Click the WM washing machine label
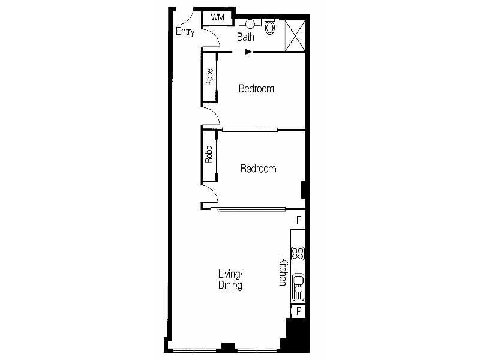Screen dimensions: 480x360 point(217,17)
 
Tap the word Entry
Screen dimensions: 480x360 point(185,32)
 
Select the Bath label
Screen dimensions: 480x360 point(245,37)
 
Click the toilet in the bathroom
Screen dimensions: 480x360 point(269,26)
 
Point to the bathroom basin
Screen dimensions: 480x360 point(250,23)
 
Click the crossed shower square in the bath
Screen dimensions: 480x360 point(295,35)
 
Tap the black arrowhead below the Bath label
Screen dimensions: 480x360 point(248,52)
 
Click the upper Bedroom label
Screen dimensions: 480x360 point(256,89)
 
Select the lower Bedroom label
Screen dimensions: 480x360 point(259,169)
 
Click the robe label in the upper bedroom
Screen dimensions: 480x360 point(209,77)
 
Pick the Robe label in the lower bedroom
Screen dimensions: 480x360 point(209,154)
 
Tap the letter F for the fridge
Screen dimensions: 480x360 point(299,220)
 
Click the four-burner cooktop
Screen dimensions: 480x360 point(298,253)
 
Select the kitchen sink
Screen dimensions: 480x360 point(298,287)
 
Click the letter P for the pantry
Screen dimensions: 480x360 point(299,311)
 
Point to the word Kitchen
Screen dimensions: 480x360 point(283,272)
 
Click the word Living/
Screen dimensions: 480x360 point(230,274)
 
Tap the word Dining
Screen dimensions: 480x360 point(230,286)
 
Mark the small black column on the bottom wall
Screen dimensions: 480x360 point(228,347)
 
